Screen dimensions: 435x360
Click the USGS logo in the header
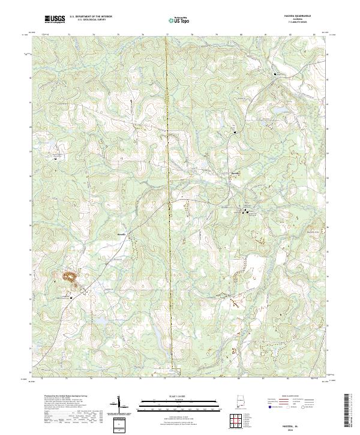click(x=55, y=20)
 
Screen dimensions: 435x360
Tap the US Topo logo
click(x=179, y=20)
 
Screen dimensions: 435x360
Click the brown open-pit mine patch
click(x=68, y=277)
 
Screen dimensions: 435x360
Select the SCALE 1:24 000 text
click(x=179, y=397)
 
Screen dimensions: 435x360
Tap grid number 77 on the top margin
click(x=167, y=35)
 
